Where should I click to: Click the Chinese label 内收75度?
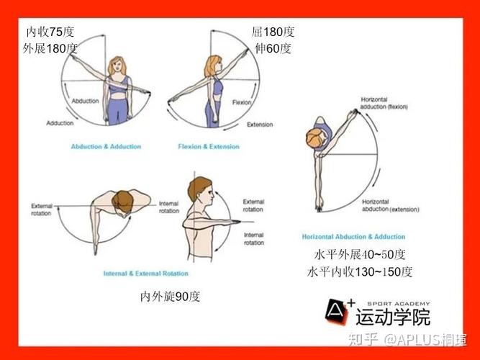(50, 32)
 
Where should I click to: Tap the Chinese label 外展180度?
(50, 49)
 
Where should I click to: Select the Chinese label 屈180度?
(273, 32)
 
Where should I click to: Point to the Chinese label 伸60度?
(273, 49)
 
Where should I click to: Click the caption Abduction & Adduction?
(106, 147)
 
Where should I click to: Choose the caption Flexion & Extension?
(209, 147)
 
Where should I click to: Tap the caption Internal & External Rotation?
(146, 274)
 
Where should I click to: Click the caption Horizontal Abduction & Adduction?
(353, 237)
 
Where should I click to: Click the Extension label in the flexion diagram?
(260, 125)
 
